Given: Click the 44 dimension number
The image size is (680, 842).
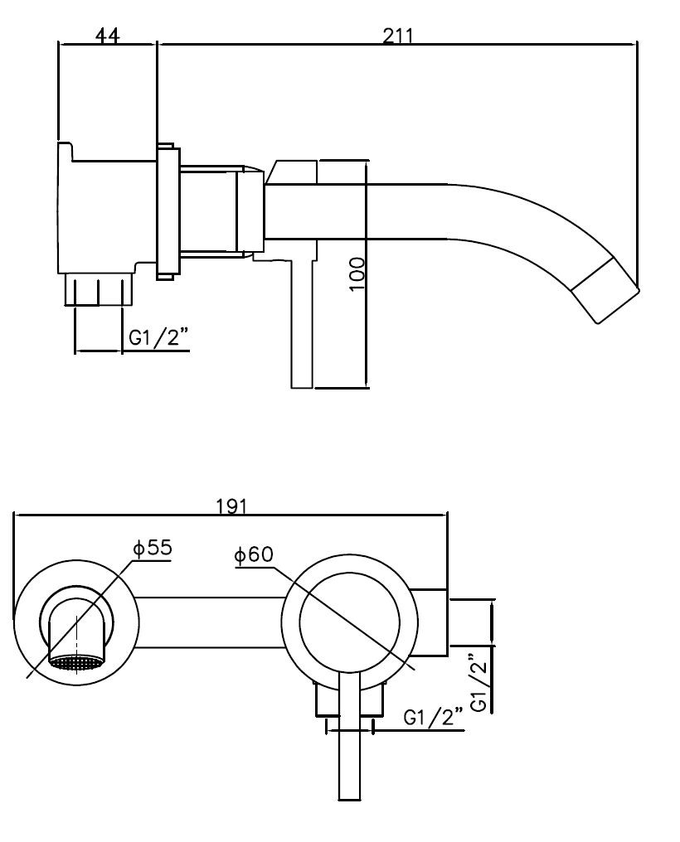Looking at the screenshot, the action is coord(108,36).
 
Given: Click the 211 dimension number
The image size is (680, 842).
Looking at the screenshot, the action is coord(398,36).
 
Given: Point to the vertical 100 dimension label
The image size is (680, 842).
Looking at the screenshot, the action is coord(357,274).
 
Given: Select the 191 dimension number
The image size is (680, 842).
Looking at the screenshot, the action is coord(231,506).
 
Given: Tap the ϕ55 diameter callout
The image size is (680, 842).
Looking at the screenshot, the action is coord(153,548).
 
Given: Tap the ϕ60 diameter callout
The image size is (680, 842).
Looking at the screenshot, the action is coord(254,554).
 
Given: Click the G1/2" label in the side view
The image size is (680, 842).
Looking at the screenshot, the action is coord(159,339).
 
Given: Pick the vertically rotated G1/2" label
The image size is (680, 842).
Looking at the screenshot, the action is coord(478,683).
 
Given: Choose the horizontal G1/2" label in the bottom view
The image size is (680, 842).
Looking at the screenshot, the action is coord(433,718).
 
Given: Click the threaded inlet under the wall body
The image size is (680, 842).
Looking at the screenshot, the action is coord(99,289).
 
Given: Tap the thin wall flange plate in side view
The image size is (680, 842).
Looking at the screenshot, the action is coord(167,211).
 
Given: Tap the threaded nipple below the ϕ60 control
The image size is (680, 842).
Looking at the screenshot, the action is coord(350,699).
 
